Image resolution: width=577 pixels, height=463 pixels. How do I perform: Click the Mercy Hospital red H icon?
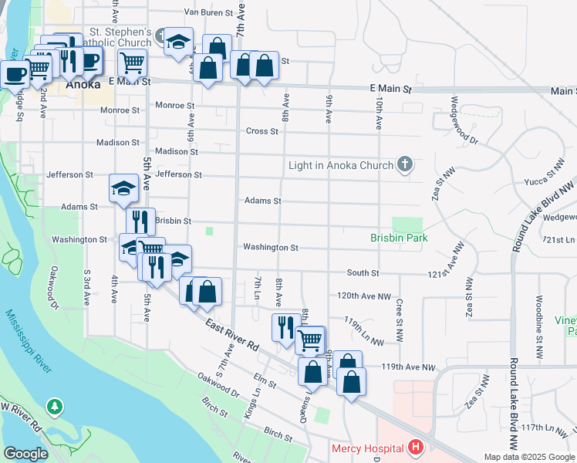[x=416, y=448]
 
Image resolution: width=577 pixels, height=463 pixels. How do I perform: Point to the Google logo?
[x=25, y=454]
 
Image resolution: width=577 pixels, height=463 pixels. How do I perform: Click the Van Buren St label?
[x=208, y=12]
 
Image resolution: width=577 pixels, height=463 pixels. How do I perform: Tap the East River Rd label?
[x=231, y=336]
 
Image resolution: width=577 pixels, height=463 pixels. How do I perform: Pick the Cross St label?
[x=262, y=131]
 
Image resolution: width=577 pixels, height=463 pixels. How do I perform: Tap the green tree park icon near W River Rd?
[x=54, y=405]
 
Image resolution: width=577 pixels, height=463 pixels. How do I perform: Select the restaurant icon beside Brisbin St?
[x=140, y=220]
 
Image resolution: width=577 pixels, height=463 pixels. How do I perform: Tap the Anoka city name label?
[x=83, y=85]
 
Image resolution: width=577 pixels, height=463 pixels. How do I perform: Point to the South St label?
[x=363, y=273]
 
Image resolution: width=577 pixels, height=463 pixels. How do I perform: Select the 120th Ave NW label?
[x=364, y=296]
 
